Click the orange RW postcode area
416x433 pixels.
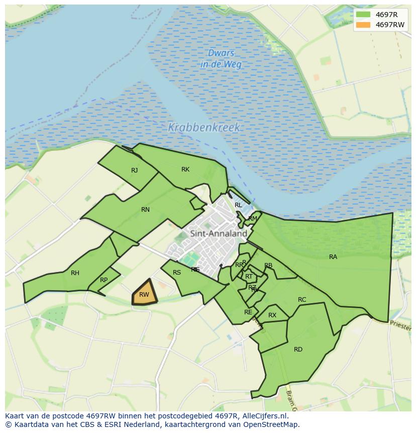[144, 294]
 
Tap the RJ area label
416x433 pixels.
[134, 170]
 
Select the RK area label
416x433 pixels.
[185, 169]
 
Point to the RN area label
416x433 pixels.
[145, 210]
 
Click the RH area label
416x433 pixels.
[75, 273]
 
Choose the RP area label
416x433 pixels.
[103, 280]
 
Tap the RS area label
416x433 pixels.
[177, 273]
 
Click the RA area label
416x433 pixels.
[333, 257]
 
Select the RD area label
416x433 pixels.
[298, 350]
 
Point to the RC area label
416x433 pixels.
[302, 300]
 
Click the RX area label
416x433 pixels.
[272, 315]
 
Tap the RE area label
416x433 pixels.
[248, 312]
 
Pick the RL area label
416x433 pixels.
[238, 205]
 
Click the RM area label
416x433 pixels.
[253, 219]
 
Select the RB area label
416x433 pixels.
[268, 266]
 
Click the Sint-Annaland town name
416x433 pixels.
[219, 233]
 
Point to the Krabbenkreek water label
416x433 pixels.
[204, 128]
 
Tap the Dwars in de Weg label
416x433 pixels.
[221, 58]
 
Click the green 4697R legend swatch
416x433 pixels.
[363, 15]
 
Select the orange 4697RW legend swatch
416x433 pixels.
[363, 25]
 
